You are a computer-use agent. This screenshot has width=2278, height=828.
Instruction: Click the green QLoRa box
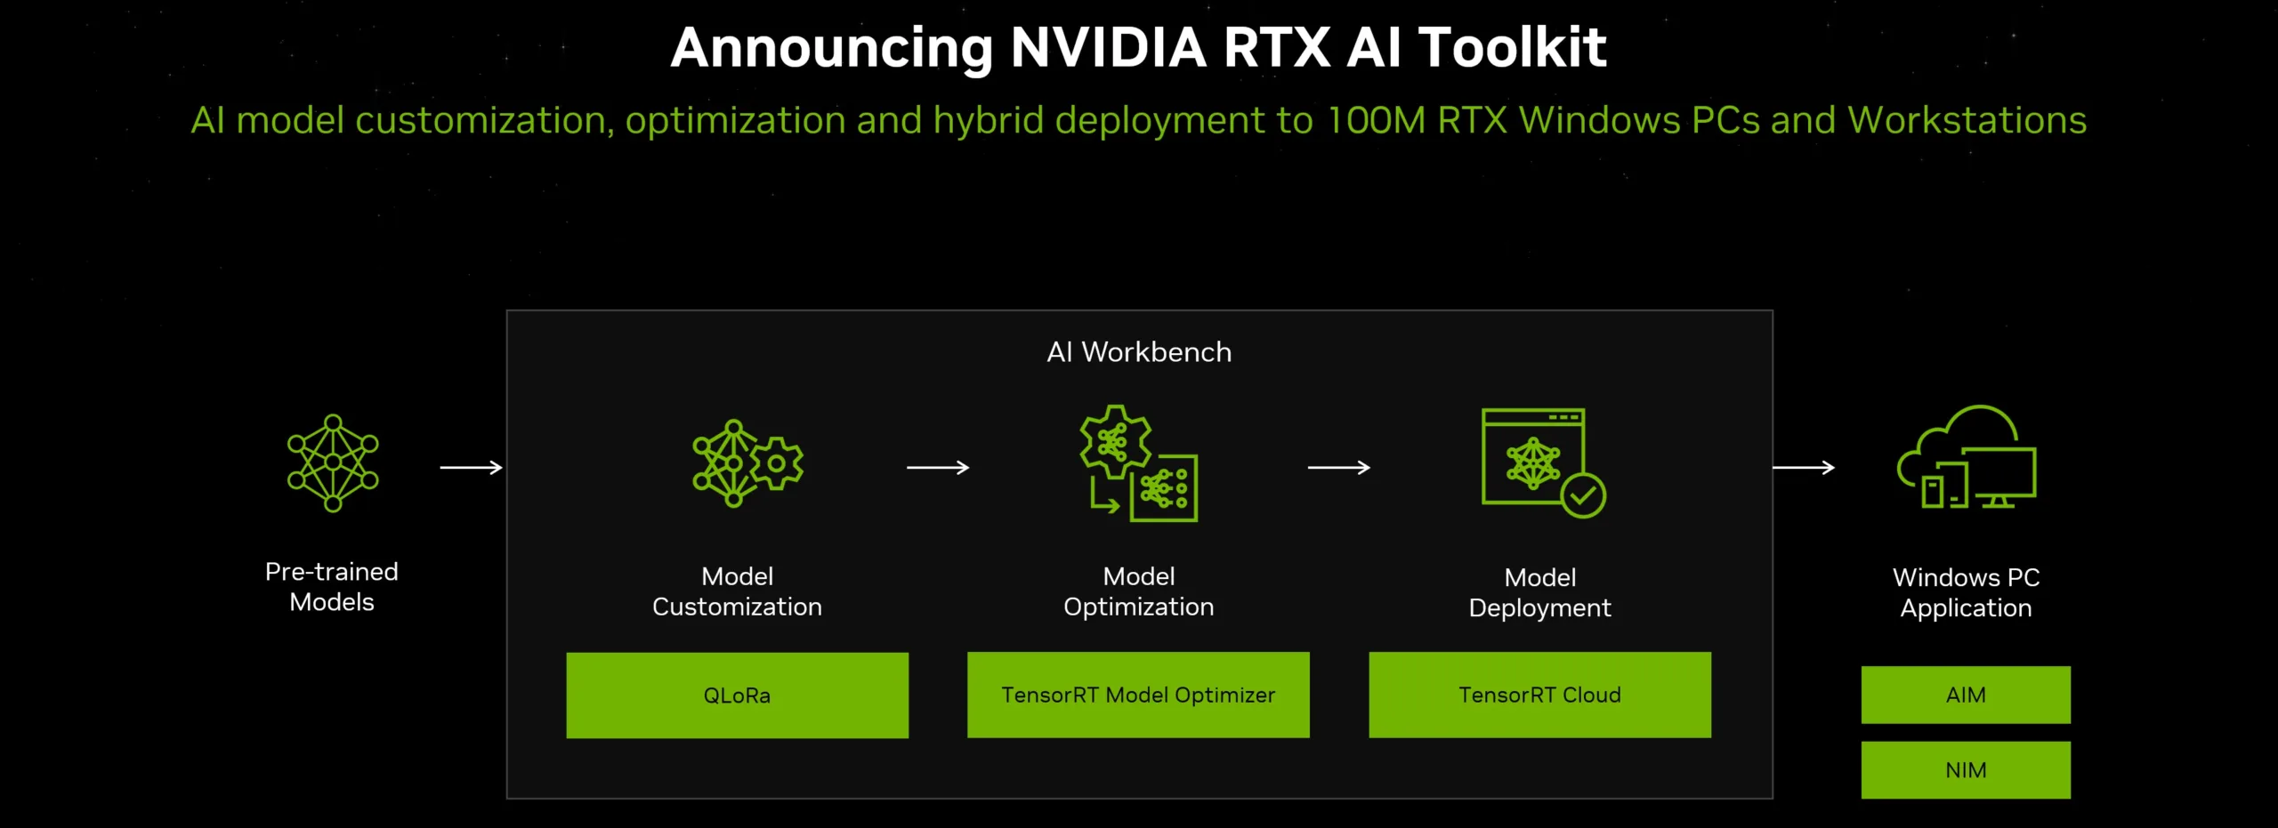[x=737, y=695]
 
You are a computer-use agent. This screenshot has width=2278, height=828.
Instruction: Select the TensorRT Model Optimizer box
[x=1138, y=695]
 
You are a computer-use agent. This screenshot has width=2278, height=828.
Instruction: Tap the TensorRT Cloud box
[x=1539, y=695]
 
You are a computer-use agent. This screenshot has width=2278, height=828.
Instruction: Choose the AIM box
[x=1966, y=695]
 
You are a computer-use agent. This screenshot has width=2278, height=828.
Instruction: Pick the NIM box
[x=1966, y=769]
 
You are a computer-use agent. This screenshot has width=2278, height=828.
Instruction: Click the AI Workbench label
[x=1139, y=352]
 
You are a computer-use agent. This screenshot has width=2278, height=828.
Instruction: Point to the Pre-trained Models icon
[x=333, y=463]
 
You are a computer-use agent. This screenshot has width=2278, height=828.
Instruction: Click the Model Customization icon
[x=747, y=463]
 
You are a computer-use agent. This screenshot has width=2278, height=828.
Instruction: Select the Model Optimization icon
[x=1138, y=463]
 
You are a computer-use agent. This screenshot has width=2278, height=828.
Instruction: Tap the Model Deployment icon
[x=1542, y=462]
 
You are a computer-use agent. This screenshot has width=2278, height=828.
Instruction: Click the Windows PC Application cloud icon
[x=1967, y=457]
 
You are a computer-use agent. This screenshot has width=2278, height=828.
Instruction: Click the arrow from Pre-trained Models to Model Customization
[x=472, y=467]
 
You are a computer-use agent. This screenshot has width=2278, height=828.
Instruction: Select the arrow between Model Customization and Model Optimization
[x=938, y=467]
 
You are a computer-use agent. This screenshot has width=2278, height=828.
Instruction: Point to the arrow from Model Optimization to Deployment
[x=1338, y=467]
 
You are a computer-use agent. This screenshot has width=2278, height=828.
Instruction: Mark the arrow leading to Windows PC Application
[x=1804, y=467]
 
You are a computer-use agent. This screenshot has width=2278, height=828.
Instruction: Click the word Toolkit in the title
[x=1512, y=47]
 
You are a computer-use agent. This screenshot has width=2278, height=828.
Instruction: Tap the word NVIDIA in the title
[x=1108, y=47]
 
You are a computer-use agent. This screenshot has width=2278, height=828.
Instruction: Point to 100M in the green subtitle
[x=1376, y=121]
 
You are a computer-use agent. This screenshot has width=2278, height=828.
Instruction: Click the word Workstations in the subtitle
[x=1967, y=121]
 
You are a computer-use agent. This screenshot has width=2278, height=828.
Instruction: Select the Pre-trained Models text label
[x=332, y=587]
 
